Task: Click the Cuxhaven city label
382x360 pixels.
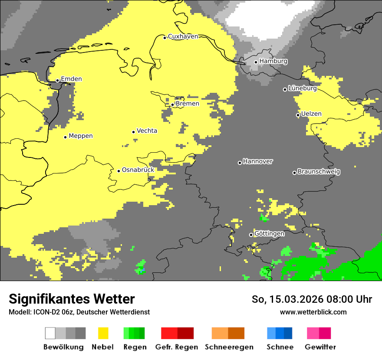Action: [x=183, y=36]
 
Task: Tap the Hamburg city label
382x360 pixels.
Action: [x=273, y=61]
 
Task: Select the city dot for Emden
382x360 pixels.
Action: [x=57, y=80]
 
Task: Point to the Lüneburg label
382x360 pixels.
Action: [x=302, y=88]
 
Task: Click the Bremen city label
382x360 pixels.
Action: [x=188, y=104]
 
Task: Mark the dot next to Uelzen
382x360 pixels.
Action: [x=298, y=115]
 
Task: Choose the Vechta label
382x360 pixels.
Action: [x=147, y=131]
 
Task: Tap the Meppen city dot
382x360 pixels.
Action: [x=65, y=137]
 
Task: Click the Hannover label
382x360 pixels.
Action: [x=257, y=161]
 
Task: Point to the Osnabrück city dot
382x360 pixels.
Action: [x=119, y=171]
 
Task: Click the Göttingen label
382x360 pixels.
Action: [x=269, y=233]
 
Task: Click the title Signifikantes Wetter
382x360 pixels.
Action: [x=72, y=299]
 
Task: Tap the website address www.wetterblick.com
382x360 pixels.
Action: [x=313, y=312]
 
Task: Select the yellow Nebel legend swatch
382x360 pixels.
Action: [x=103, y=333]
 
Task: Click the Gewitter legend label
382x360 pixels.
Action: [x=320, y=347]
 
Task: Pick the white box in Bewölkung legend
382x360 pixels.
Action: [x=50, y=333]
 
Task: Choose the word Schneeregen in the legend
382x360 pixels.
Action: [x=229, y=347]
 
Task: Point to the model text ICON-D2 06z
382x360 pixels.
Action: [x=52, y=312]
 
